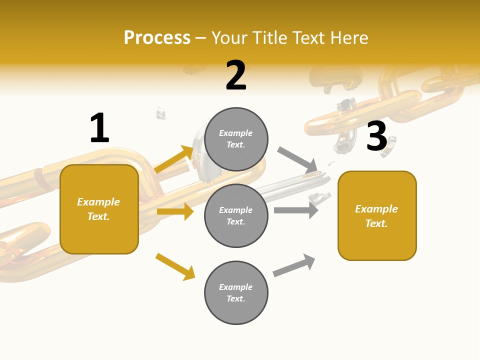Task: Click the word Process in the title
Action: coord(157,38)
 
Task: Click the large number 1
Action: coord(99,128)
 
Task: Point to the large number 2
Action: coord(236,75)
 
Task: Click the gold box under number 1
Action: coord(99,209)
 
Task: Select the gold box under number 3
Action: coord(377,215)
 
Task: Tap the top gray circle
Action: coord(236,139)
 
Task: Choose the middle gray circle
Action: coord(236,215)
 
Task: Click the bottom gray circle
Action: coord(236,292)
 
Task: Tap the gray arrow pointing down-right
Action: coord(297,159)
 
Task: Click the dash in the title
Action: coord(201,38)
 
